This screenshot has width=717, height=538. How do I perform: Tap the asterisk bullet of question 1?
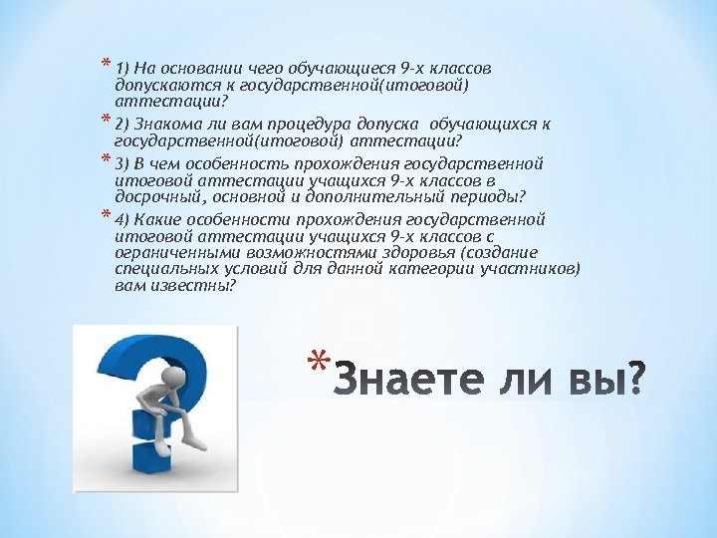coord(107,67)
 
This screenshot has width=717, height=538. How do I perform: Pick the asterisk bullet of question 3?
coord(107,160)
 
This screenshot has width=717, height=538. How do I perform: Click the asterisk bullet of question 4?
coord(107,216)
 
